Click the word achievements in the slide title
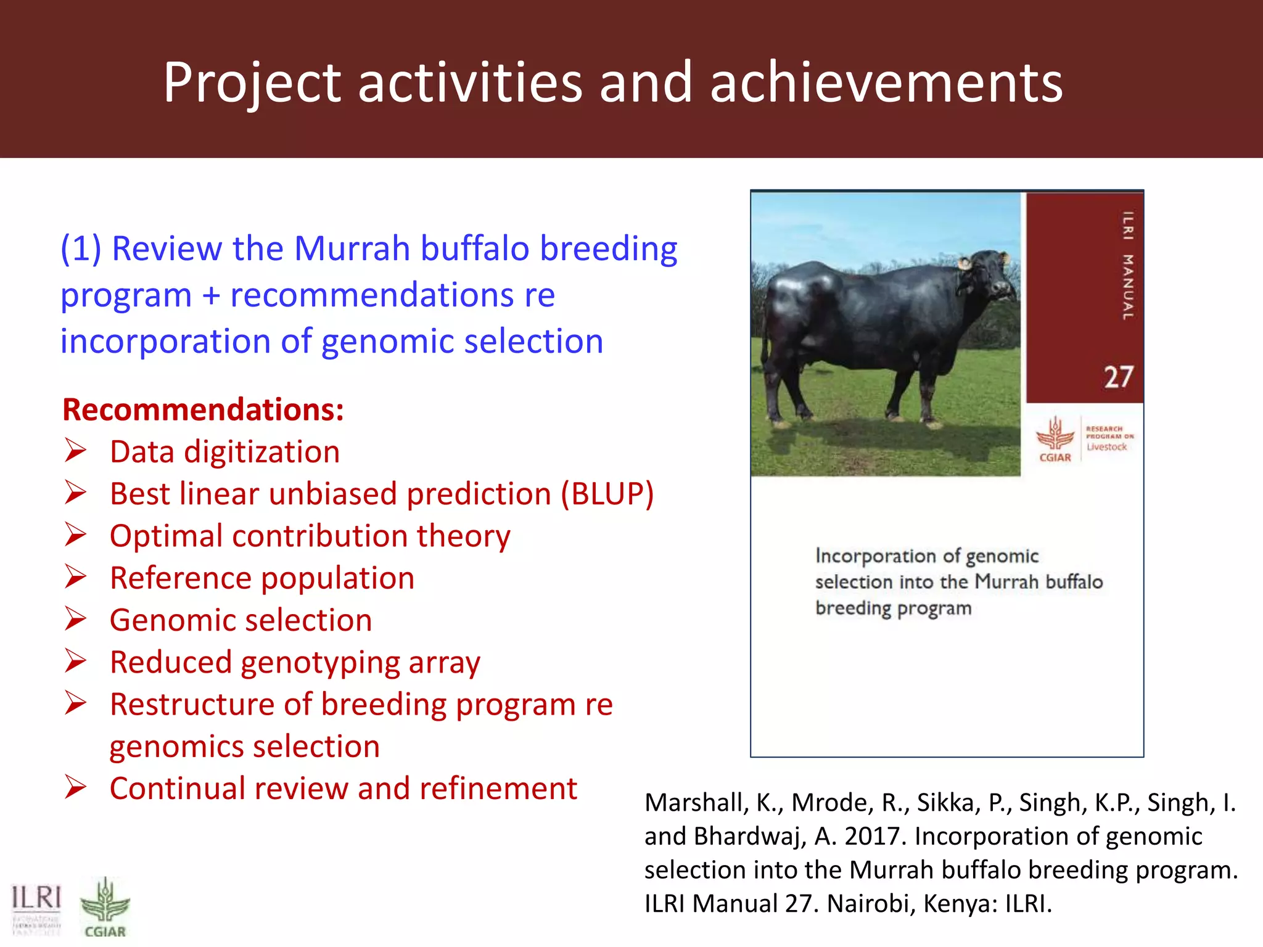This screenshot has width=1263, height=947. (886, 83)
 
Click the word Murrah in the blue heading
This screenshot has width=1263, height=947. (352, 248)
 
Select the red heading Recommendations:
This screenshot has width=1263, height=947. (203, 410)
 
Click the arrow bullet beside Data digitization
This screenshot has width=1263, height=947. (76, 451)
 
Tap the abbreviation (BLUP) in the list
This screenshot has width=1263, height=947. (607, 494)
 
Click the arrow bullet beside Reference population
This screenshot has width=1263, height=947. (76, 577)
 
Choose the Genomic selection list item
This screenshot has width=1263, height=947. (241, 620)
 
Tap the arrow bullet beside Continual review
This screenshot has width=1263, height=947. (76, 787)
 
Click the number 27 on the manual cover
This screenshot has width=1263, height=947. (1118, 377)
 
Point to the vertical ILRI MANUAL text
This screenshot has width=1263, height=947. (1127, 265)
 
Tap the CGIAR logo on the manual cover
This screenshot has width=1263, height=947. (1055, 438)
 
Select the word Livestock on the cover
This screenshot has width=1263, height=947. (1106, 447)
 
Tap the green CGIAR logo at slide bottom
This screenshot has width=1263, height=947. (105, 906)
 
